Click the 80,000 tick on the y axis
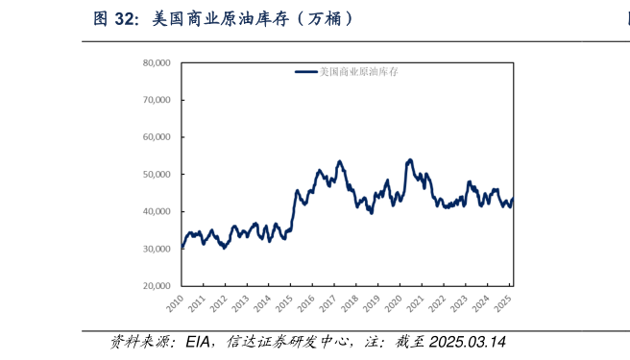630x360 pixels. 156,62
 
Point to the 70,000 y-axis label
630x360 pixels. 156,100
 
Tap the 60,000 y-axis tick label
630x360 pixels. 156,137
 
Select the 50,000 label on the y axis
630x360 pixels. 156,175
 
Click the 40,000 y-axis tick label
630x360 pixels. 156,211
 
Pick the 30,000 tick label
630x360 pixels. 156,249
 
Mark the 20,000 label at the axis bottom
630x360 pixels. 156,286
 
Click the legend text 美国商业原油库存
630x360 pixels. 359,72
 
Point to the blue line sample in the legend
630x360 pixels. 305,72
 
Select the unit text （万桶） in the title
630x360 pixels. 319,18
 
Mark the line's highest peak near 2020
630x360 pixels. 410,159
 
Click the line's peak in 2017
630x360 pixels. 340,161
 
